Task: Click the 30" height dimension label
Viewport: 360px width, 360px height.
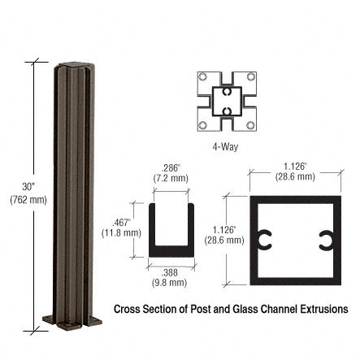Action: coord(28,187)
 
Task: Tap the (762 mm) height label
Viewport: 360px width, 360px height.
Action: coord(28,200)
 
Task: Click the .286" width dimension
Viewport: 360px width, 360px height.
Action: coord(170,167)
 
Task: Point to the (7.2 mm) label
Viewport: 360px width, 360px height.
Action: coord(170,177)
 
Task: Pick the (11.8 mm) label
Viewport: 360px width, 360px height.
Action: coord(121,232)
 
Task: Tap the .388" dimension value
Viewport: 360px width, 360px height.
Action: coord(170,271)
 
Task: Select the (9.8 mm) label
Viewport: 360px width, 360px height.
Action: coord(170,283)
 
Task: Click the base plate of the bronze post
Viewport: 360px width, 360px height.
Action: coord(72,319)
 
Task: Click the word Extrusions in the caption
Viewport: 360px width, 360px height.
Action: coord(323,309)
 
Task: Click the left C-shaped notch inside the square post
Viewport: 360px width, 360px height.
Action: coord(263,241)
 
